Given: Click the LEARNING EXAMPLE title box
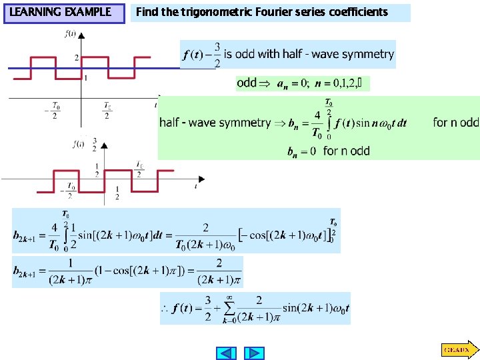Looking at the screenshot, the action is (x=64, y=13).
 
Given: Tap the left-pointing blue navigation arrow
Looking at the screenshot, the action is (x=227, y=353).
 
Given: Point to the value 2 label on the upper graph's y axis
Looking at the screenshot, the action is (x=77, y=58).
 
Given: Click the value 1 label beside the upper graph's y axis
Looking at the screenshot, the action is (x=85, y=78).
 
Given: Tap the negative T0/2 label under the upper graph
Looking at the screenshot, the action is (x=55, y=111).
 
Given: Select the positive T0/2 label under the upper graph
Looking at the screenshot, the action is (x=107, y=111).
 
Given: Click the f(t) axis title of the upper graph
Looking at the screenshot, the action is (x=70, y=34).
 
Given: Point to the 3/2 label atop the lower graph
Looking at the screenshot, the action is (x=95, y=144).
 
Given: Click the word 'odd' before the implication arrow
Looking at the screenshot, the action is (x=247, y=83).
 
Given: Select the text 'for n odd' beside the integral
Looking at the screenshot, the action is (x=456, y=122).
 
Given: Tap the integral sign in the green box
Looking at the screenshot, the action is (x=328, y=123).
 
